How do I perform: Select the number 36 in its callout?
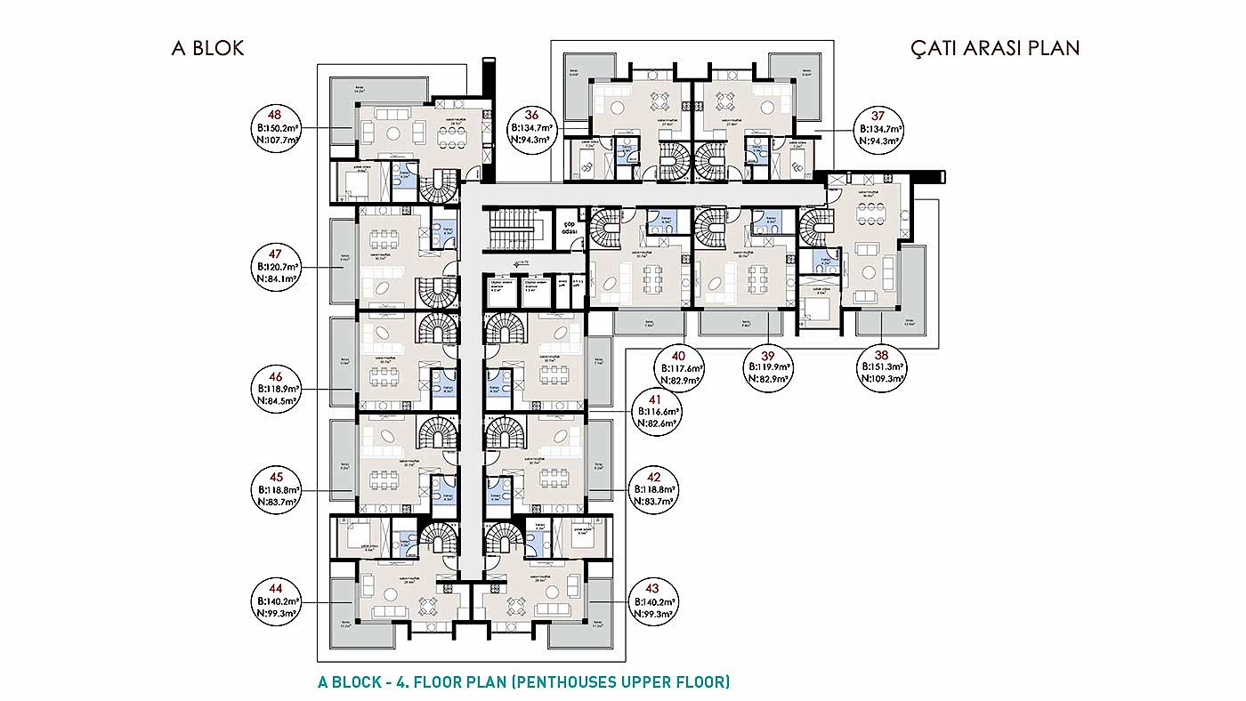click(x=531, y=115)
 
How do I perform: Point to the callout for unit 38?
click(x=881, y=365)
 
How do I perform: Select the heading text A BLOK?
click(x=207, y=48)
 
